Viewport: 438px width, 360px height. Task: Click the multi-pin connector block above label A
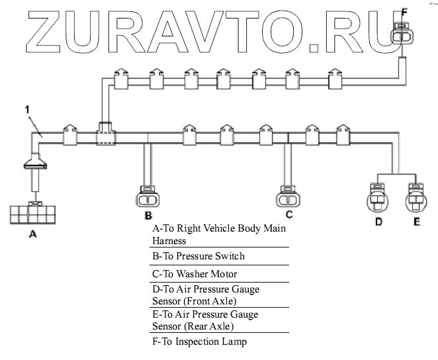[x=32, y=214]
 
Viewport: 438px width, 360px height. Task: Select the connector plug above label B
[x=148, y=197]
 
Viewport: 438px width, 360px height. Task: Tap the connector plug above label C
[x=288, y=197]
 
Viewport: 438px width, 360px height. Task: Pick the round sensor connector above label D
[x=378, y=198]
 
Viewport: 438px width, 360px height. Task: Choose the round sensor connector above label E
[x=416, y=198]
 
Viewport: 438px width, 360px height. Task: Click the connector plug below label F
[x=402, y=34]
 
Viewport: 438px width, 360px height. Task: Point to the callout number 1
[x=27, y=110]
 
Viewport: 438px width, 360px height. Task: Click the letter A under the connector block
[x=32, y=234]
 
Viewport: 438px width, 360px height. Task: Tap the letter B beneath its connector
[x=148, y=216]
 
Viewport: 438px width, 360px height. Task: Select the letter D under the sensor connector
[x=378, y=222]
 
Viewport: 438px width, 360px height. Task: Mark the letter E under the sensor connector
[x=417, y=222]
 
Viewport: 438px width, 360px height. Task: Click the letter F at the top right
[x=404, y=13]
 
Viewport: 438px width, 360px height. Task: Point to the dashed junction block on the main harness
[x=106, y=134]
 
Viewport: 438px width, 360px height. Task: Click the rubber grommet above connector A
[x=35, y=161]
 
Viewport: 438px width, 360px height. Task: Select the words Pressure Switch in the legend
[x=210, y=256]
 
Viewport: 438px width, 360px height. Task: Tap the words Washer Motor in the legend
[x=206, y=274]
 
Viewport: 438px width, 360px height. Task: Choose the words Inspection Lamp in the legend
[x=211, y=342]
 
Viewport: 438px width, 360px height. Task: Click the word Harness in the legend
[x=169, y=241]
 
